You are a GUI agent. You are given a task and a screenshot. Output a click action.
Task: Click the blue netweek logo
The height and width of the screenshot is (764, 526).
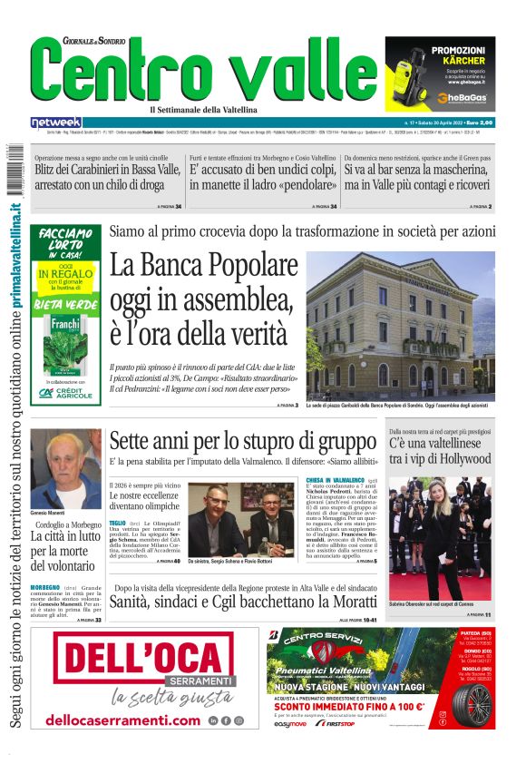pos(55,122)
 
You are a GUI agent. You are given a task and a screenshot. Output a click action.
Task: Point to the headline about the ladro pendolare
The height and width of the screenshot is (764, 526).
pos(263,176)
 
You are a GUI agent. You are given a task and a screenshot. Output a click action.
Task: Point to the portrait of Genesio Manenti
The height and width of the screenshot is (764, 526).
pos(65,467)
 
